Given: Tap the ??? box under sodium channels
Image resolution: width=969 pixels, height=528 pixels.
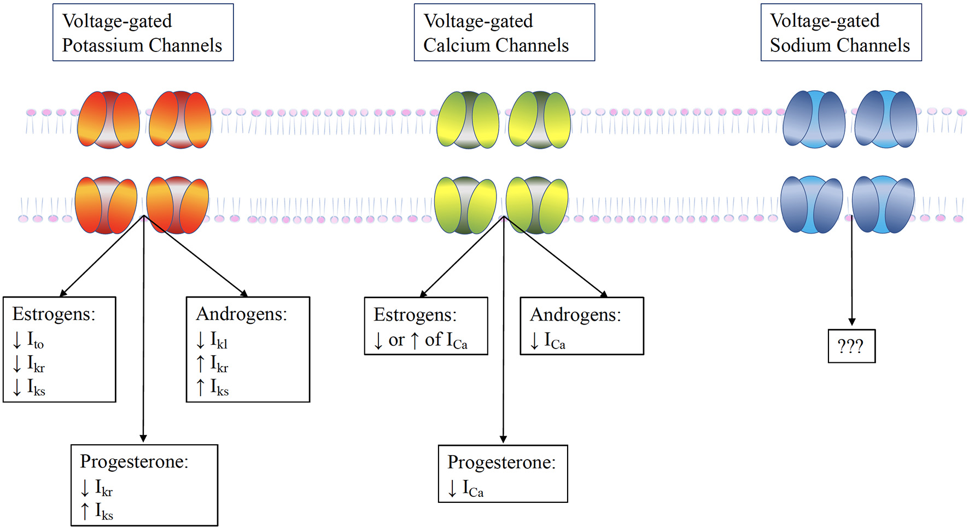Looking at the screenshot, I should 851,346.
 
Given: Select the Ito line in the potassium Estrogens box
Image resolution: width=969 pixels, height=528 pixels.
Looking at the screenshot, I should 34,341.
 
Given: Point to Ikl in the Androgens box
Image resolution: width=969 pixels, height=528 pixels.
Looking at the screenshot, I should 218,341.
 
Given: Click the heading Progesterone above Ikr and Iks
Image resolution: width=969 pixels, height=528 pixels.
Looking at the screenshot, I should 134,462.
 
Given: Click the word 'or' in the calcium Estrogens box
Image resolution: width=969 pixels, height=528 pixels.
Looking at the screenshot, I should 396,340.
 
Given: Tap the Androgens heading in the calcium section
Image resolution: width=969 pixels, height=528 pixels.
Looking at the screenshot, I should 575,315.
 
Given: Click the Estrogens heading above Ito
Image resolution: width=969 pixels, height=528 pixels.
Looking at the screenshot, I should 54,314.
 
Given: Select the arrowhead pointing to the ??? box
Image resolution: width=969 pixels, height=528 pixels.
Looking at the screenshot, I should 851,322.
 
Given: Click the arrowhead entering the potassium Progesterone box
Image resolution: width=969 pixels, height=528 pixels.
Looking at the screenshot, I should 143,438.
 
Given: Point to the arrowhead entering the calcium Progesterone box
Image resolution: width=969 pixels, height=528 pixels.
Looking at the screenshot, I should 503,439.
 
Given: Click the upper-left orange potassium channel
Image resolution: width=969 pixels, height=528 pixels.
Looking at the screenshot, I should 108,120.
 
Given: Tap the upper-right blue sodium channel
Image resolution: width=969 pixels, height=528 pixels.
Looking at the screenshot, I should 885,119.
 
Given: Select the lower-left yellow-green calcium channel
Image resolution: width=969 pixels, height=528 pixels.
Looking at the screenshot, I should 465,205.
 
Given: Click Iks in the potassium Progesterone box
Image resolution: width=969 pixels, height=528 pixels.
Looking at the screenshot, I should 103,512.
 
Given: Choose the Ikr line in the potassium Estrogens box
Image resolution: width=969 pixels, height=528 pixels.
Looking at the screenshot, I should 36,364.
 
